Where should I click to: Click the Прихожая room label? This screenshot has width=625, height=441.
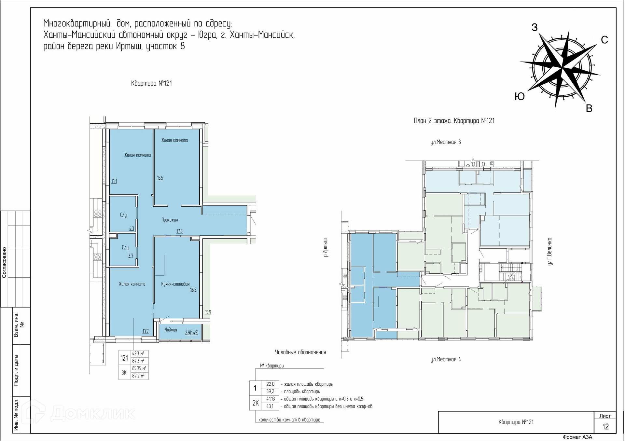click(x=170, y=220)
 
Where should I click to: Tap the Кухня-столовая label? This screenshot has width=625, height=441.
click(x=175, y=284)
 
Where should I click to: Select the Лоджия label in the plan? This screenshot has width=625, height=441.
click(x=171, y=330)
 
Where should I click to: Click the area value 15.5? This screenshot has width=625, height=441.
click(x=160, y=178)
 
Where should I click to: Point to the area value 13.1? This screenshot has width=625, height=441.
click(x=114, y=182)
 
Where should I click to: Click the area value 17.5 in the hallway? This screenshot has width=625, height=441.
click(x=179, y=231)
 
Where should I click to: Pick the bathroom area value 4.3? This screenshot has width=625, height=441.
click(x=132, y=228)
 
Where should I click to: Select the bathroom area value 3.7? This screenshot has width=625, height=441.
click(x=131, y=256)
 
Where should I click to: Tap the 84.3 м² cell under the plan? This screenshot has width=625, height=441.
click(x=138, y=361)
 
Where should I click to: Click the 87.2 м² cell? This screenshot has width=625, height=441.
click(x=138, y=376)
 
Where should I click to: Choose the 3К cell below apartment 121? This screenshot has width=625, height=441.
click(x=124, y=373)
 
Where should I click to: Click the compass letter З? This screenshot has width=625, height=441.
click(x=535, y=28)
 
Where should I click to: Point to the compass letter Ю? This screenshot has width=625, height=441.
click(x=520, y=97)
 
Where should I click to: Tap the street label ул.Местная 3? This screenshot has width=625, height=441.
click(x=446, y=142)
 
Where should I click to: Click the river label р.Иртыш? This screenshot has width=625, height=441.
click(x=326, y=248)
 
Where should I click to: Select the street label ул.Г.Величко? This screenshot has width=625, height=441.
click(x=550, y=251)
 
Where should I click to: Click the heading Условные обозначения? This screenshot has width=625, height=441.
click(x=300, y=352)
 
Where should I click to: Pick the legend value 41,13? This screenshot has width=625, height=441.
click(x=270, y=399)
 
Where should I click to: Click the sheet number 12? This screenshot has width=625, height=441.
click(x=605, y=427)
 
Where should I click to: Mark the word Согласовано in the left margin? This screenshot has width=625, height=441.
click(x=4, y=262)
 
